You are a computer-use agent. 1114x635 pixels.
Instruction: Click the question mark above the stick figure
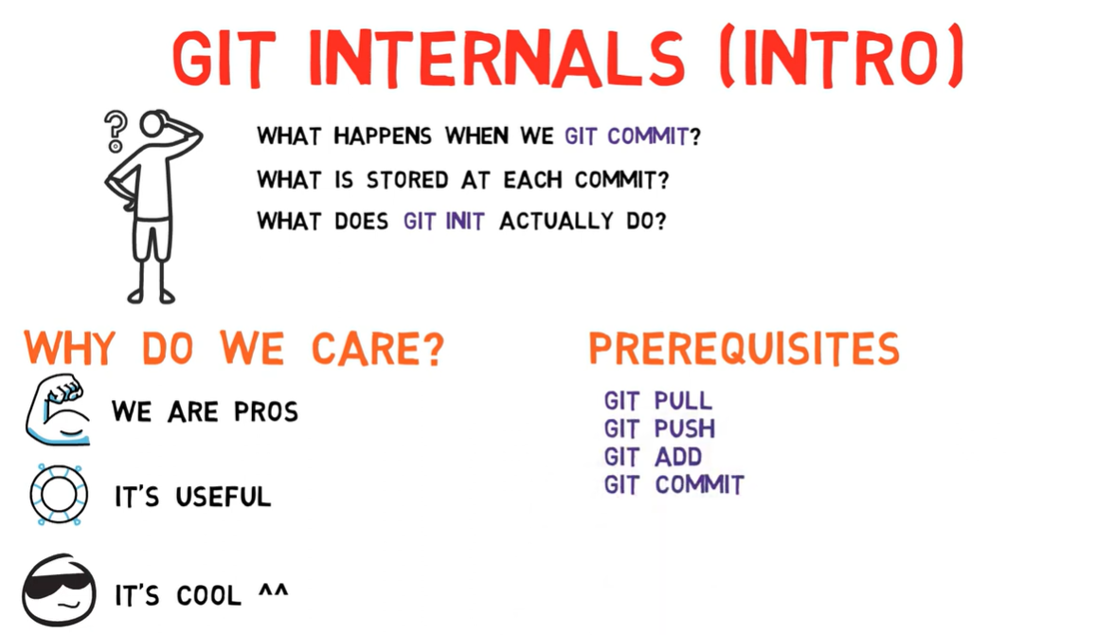116,131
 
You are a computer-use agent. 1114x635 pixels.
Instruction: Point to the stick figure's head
153,124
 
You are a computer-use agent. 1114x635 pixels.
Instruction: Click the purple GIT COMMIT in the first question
625,136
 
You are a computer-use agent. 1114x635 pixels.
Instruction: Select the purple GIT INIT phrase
443,222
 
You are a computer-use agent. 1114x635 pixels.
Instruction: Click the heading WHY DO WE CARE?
234,349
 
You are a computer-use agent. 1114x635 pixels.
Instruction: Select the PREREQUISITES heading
744,349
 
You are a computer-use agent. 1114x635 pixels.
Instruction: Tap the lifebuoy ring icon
59,495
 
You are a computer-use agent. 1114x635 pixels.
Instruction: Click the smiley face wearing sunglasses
59,590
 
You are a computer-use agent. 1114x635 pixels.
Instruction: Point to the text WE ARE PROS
205,412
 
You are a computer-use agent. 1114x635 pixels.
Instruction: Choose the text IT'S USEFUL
192,497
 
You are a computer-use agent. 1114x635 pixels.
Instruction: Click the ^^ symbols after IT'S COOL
273,593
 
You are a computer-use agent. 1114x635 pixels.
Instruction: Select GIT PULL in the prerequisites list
657,401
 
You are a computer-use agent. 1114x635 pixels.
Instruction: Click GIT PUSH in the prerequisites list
659,428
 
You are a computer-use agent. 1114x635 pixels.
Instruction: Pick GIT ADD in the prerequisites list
653,457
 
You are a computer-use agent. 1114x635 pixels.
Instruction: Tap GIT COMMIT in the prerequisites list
674,485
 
